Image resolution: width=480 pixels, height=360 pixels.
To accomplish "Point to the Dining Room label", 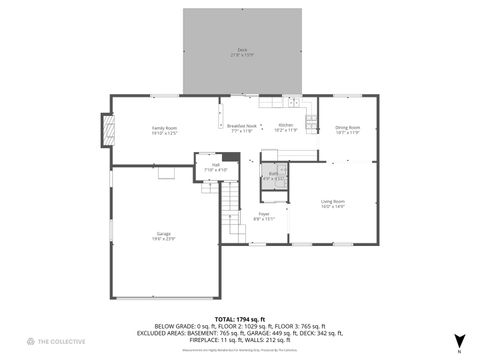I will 347,129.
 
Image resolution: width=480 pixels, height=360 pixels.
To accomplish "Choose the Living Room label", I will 332,204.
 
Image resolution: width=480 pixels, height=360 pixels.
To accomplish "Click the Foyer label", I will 264,215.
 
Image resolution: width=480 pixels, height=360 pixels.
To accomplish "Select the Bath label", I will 273,176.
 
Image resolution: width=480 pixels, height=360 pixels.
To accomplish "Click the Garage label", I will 163,237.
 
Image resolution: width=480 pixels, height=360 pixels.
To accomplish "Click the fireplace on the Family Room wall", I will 103,130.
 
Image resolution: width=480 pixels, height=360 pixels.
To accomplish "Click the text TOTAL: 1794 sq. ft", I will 240,318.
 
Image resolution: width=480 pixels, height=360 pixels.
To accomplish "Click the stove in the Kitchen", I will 312,123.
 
